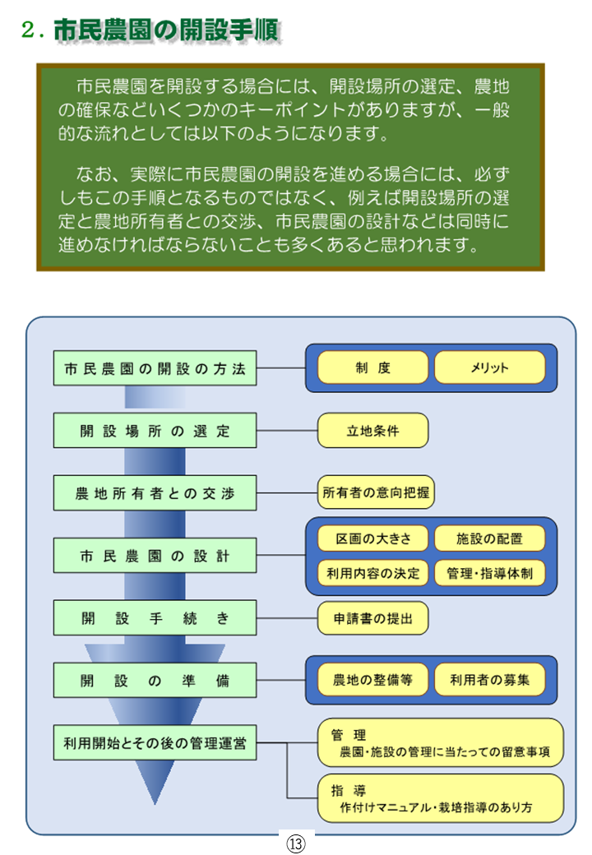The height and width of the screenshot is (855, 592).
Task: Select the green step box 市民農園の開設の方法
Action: (x=155, y=368)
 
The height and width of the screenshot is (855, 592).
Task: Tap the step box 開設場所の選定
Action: (x=155, y=431)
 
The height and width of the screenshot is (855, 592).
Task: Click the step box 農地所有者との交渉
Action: (x=155, y=493)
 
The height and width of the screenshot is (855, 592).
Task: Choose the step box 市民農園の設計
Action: (x=155, y=556)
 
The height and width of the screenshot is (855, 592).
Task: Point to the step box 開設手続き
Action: (x=155, y=618)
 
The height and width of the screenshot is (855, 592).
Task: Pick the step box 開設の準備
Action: (x=155, y=681)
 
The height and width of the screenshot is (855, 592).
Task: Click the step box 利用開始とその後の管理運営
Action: (x=155, y=743)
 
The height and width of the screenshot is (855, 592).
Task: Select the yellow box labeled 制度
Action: (x=372, y=367)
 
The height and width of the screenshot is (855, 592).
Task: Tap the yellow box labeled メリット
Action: (x=489, y=367)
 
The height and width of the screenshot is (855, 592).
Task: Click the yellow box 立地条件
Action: (x=372, y=430)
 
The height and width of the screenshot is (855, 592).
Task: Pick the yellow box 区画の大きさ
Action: (x=372, y=539)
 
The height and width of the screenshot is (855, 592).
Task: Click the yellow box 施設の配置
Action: (x=489, y=539)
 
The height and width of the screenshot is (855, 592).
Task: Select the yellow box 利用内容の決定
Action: (x=372, y=573)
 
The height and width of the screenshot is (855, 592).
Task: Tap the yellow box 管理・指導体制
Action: (x=489, y=573)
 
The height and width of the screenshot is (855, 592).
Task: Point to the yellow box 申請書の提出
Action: (x=372, y=618)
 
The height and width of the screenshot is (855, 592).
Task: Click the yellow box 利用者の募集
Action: (x=489, y=680)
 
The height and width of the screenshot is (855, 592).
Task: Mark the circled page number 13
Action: (x=295, y=843)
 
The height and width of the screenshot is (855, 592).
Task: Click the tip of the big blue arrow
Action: (x=155, y=802)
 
